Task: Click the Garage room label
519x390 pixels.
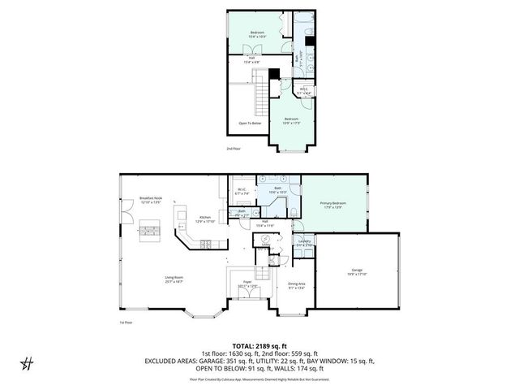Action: pyautogui.click(x=357, y=271)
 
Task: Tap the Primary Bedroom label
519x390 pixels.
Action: pyautogui.click(x=333, y=205)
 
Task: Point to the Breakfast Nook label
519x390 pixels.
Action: pyautogui.click(x=152, y=200)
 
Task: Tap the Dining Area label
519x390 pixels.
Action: pyautogui.click(x=296, y=285)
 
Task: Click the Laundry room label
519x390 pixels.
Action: pyautogui.click(x=305, y=242)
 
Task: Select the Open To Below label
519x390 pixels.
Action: pyautogui.click(x=250, y=123)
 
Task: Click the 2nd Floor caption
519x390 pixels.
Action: pyautogui.click(x=234, y=149)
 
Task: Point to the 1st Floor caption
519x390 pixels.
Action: pyautogui.click(x=126, y=321)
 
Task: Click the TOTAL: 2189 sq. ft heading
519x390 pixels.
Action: pyautogui.click(x=259, y=345)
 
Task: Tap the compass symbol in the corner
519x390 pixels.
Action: pyautogui.click(x=28, y=362)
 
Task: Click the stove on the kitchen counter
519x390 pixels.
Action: pyautogui.click(x=207, y=243)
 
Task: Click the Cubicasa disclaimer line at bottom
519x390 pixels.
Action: pyautogui.click(x=259, y=379)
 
